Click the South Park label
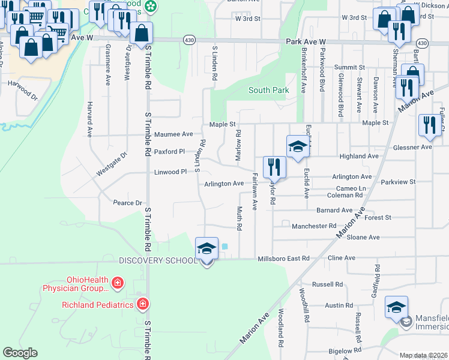[x=269, y=91]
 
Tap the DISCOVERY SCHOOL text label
[x=158, y=260]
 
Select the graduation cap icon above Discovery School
[x=206, y=249]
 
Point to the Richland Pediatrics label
[x=97, y=305]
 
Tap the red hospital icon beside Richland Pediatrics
[x=143, y=304]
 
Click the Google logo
[x=20, y=353]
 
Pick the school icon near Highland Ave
[x=297, y=146]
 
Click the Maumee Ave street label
[x=173, y=134]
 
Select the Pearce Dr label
[x=127, y=203]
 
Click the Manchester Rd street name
[x=314, y=226]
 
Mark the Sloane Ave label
[x=363, y=238]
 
